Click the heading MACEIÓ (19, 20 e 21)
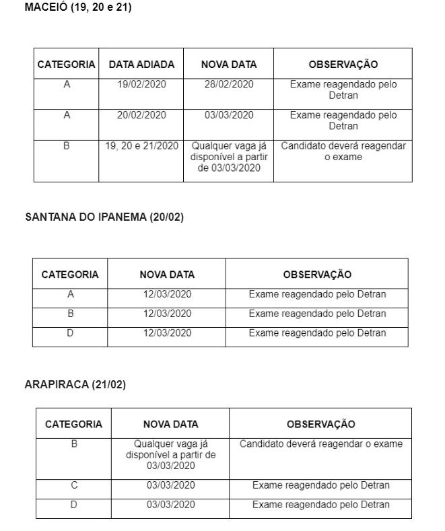click(x=77, y=8)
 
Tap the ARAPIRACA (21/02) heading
click(x=75, y=384)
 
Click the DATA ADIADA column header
click(x=141, y=65)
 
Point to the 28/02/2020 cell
click(x=229, y=84)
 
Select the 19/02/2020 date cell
click(x=141, y=84)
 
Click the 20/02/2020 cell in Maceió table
click(x=141, y=115)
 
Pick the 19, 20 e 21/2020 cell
click(x=142, y=145)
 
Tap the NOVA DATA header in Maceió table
click(x=229, y=65)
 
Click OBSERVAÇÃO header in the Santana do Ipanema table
click(x=317, y=275)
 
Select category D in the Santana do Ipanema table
click(x=71, y=332)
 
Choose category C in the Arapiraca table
click(x=74, y=485)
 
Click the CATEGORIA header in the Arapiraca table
click(x=74, y=424)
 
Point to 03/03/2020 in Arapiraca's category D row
click(x=171, y=505)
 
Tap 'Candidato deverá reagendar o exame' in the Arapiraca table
click(x=321, y=444)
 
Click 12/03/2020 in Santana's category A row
click(x=167, y=294)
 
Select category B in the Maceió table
click(x=67, y=145)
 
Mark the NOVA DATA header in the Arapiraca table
click(x=171, y=424)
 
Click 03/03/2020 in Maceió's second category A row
click(x=229, y=115)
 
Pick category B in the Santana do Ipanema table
click(x=71, y=313)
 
